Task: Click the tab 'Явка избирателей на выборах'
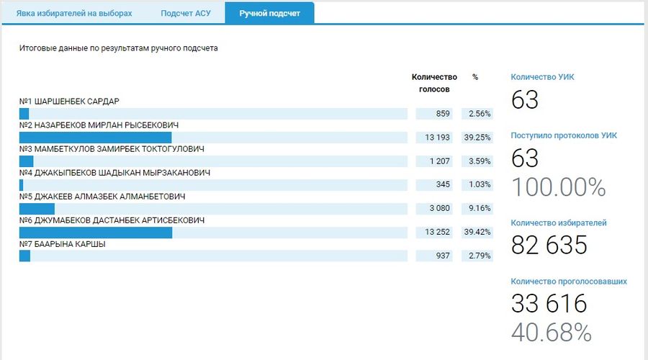click(75, 13)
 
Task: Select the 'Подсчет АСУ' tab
click(185, 13)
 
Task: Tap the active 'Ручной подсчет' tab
click(270, 13)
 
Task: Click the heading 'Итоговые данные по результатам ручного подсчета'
click(118, 49)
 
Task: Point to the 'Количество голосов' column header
click(434, 83)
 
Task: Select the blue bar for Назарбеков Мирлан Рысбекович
click(95, 138)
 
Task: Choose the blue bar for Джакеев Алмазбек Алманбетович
click(37, 209)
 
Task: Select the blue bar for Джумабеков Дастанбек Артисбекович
click(96, 233)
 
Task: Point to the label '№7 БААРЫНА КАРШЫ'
click(63, 244)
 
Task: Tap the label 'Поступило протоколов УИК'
click(564, 135)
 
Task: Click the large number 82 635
click(549, 246)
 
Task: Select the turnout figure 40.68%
click(551, 332)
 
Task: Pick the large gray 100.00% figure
click(558, 187)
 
